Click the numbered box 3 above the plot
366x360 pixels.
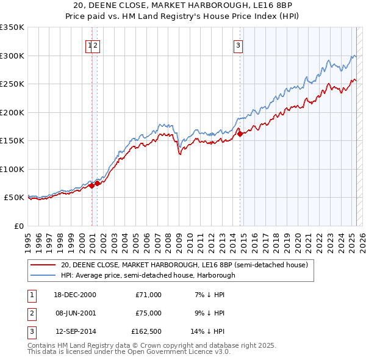tap(237, 45)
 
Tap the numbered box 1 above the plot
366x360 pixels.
tap(90, 45)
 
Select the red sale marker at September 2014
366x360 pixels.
tap(240, 134)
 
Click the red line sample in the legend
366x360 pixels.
tap(43, 265)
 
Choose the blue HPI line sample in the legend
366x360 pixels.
tap(43, 275)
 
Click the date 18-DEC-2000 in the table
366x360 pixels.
tap(76, 295)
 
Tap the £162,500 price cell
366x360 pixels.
tap(146, 333)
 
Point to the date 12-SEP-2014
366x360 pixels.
tap(76, 333)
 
